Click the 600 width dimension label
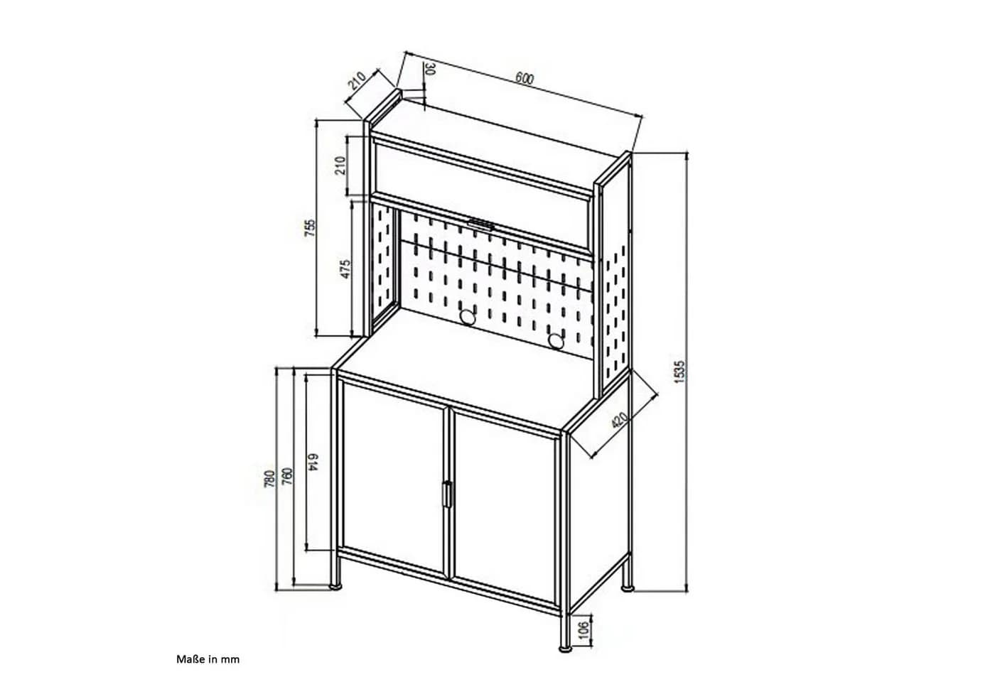(x=525, y=79)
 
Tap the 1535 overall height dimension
(x=679, y=372)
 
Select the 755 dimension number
(x=311, y=227)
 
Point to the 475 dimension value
(x=345, y=269)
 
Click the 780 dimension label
(x=269, y=480)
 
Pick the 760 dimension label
(x=287, y=476)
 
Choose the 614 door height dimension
(x=313, y=462)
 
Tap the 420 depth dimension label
(x=619, y=420)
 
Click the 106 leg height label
(x=584, y=630)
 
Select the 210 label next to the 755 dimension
(x=340, y=165)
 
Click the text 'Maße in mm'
(x=208, y=659)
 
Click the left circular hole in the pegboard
(x=468, y=317)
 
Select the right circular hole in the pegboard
(x=556, y=342)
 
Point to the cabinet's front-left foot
(x=336, y=587)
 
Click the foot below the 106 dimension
(x=565, y=649)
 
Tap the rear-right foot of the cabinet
(x=627, y=588)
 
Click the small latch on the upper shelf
(x=481, y=224)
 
